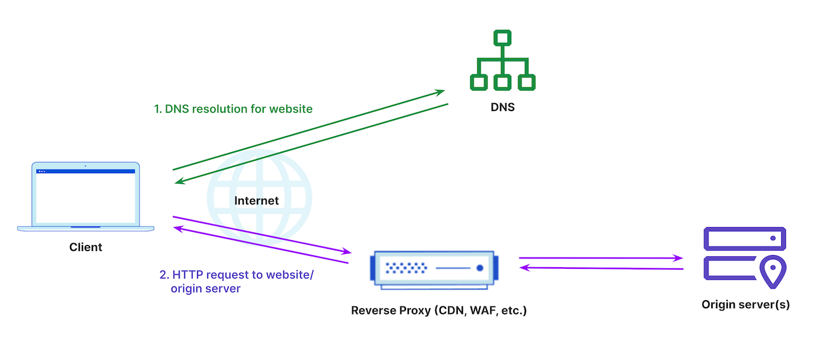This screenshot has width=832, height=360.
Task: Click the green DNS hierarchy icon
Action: point(502,61)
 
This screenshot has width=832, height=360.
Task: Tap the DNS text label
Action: point(502,107)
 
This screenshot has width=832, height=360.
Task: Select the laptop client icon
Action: point(85,197)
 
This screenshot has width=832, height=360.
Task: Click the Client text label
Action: point(85,247)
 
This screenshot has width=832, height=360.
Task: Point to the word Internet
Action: point(257,201)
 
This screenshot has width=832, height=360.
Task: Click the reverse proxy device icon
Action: point(435,268)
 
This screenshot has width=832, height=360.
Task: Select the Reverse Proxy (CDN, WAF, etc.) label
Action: point(438,311)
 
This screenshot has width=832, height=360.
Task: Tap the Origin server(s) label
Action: point(745,305)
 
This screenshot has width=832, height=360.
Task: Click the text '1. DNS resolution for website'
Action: point(233,109)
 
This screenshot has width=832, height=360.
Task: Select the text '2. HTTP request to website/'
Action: point(236,275)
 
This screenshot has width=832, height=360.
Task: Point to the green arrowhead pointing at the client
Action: point(179,182)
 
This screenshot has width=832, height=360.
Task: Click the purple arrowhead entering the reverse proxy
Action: point(346,252)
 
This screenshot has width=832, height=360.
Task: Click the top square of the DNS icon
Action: point(502,39)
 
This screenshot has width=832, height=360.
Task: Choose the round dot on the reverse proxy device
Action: point(479,268)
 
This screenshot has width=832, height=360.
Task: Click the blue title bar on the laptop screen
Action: point(85,171)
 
